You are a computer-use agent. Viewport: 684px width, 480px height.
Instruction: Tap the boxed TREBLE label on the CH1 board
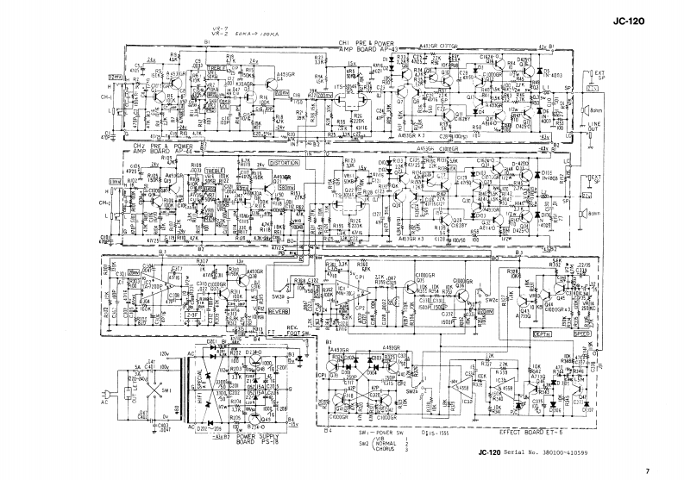pos(216,68)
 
